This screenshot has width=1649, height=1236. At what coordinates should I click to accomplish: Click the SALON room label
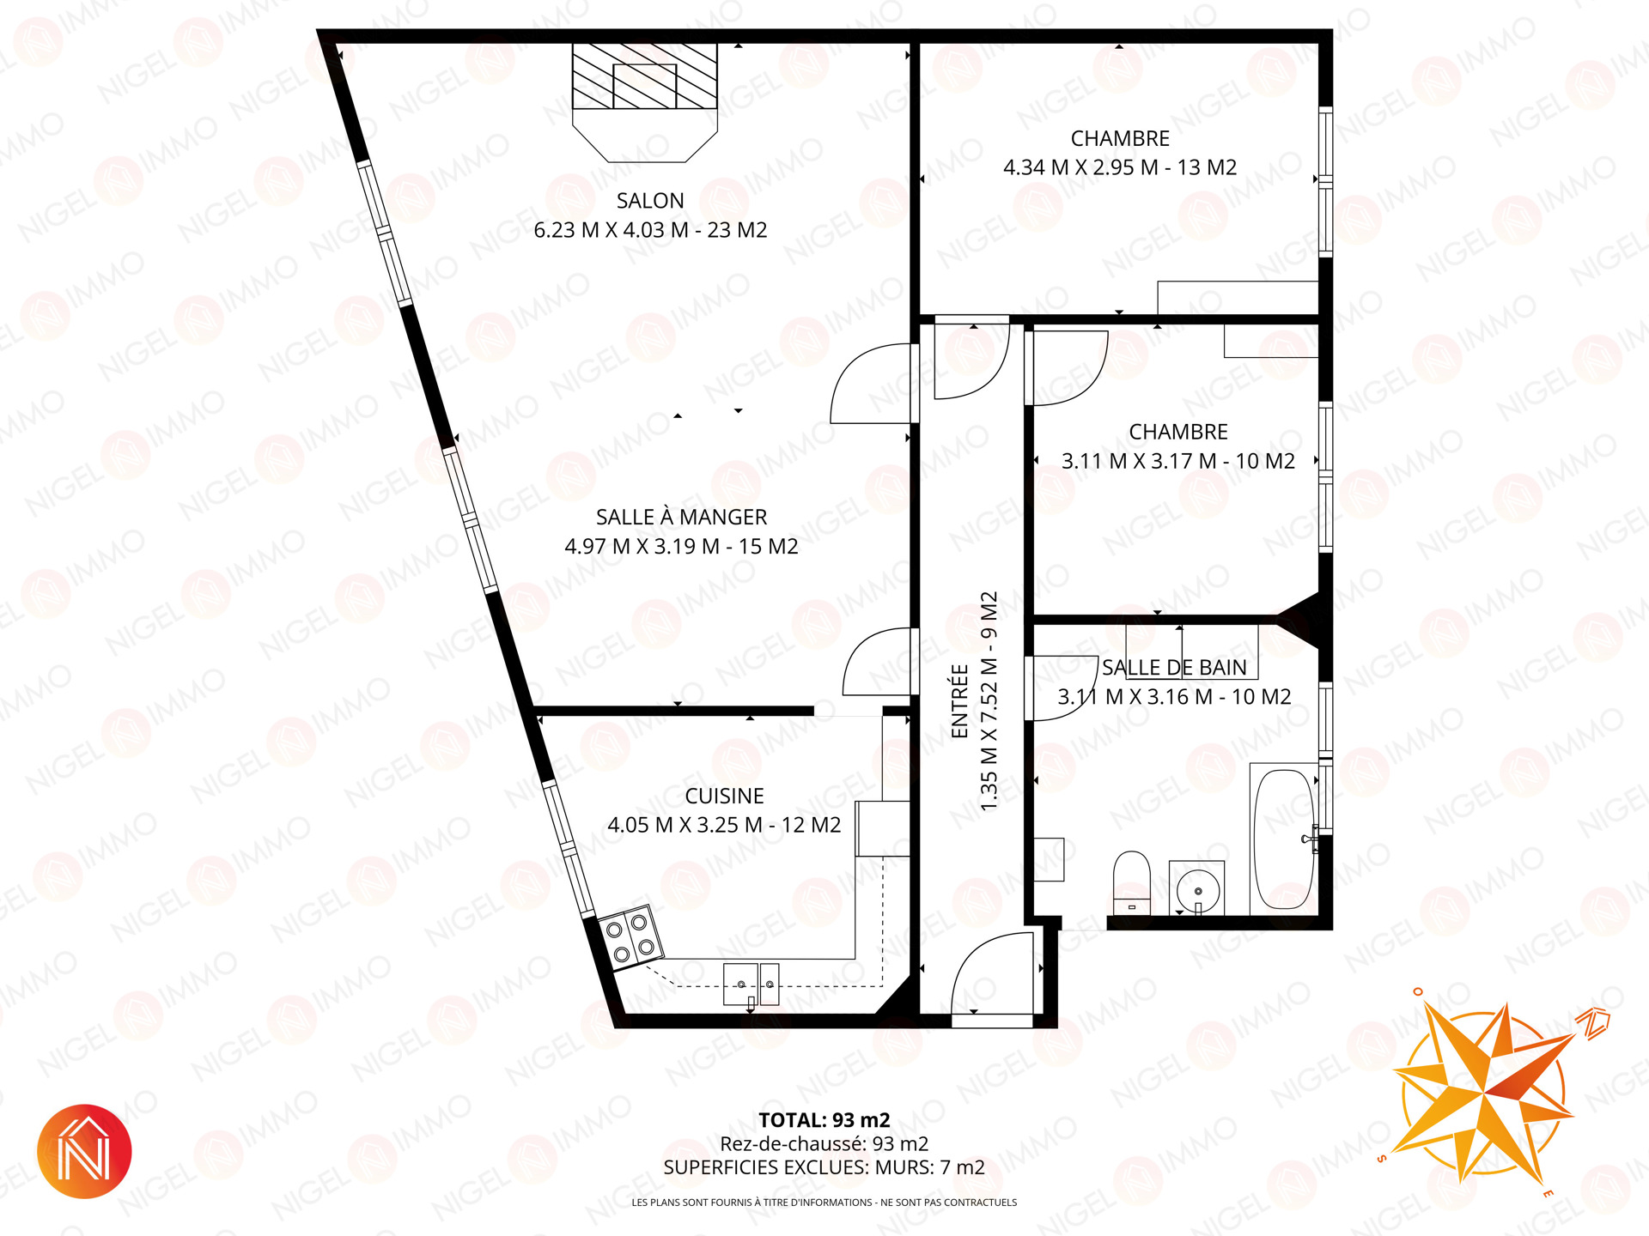pos(650,201)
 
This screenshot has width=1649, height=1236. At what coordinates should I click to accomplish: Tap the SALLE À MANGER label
pos(681,517)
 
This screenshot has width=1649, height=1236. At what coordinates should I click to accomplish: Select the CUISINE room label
pos(724,796)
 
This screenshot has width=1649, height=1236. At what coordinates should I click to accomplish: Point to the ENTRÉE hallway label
pos(959,700)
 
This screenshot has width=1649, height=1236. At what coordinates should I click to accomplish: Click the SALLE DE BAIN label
pos(1174,667)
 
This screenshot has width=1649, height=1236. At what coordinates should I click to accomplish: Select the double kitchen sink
pos(751,984)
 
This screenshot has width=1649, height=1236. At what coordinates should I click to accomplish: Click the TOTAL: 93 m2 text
pos(824,1120)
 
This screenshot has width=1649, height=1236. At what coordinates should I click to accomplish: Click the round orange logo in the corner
pos(84,1151)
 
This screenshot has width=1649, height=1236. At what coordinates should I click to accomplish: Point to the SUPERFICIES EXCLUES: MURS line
pos(824,1167)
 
